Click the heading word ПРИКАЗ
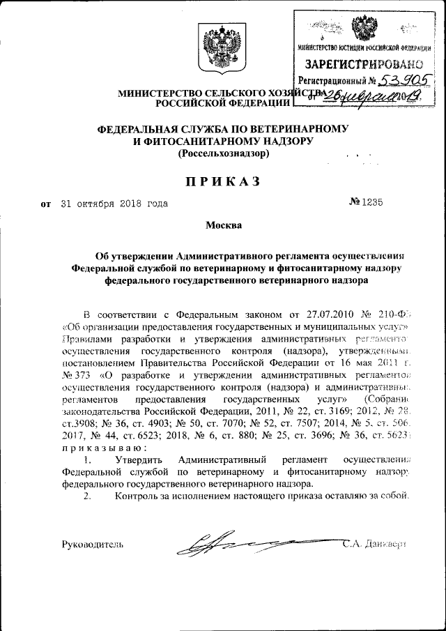[222, 181]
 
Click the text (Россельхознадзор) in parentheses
[223, 153]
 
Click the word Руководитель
[93, 544]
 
